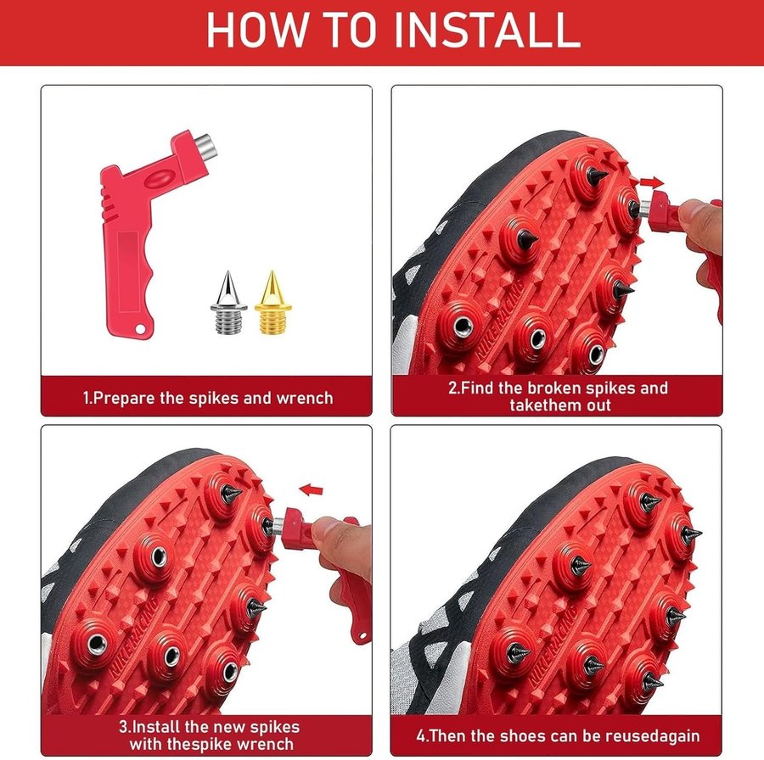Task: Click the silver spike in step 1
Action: [228, 303]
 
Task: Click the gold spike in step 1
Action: [272, 303]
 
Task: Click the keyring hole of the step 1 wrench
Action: [140, 330]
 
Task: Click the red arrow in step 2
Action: [651, 183]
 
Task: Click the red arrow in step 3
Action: [311, 489]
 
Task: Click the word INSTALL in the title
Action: [486, 31]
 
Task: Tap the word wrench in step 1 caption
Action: [305, 399]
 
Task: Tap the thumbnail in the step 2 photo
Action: [690, 212]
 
